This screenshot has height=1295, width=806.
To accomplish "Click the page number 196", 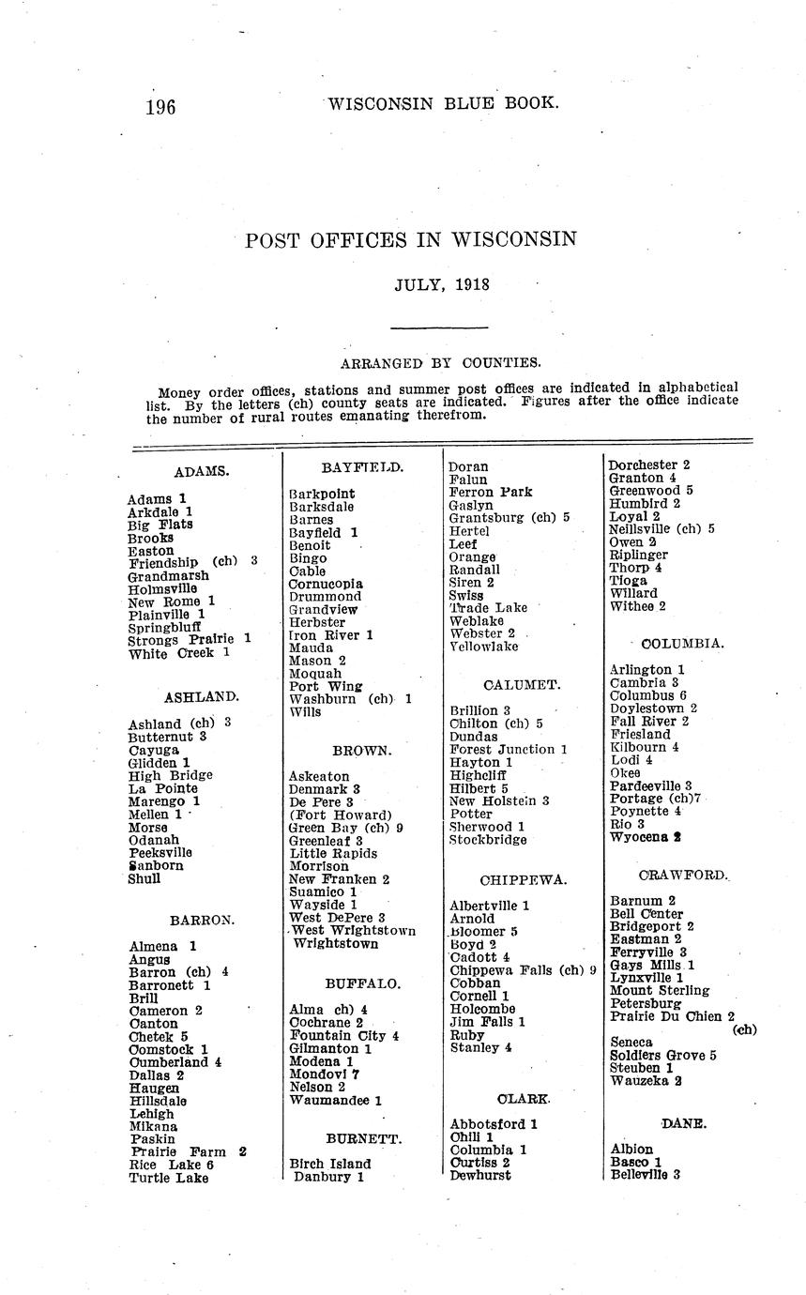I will tap(160, 107).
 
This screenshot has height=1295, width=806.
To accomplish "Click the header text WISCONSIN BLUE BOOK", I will tap(444, 103).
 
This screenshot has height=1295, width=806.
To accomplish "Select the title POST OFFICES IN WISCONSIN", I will tap(411, 240).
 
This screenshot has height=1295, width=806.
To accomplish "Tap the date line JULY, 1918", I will tap(442, 284).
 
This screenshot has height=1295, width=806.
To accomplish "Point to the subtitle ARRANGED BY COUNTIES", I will tap(440, 362).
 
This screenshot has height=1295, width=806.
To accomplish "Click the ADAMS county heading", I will tap(202, 471).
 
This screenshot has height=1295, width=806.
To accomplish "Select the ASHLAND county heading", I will tap(202, 697).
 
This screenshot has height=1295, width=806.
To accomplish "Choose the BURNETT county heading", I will tap(364, 1139).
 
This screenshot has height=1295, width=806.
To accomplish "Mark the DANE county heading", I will tap(683, 1123).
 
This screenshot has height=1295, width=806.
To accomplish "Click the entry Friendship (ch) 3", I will tap(192, 562).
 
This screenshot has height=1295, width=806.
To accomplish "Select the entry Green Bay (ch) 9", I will tap(345, 828).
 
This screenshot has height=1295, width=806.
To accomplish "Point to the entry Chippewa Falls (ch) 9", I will tap(523, 970).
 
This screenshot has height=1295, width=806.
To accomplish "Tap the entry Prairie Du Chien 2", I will tap(672, 1016).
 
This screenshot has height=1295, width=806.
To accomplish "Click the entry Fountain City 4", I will tap(344, 1036).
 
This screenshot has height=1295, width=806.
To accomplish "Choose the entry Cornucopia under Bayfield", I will tap(326, 584).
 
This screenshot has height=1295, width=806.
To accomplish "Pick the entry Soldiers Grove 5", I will tap(663, 1056).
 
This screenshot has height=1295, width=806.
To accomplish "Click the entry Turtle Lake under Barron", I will tap(169, 1178).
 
